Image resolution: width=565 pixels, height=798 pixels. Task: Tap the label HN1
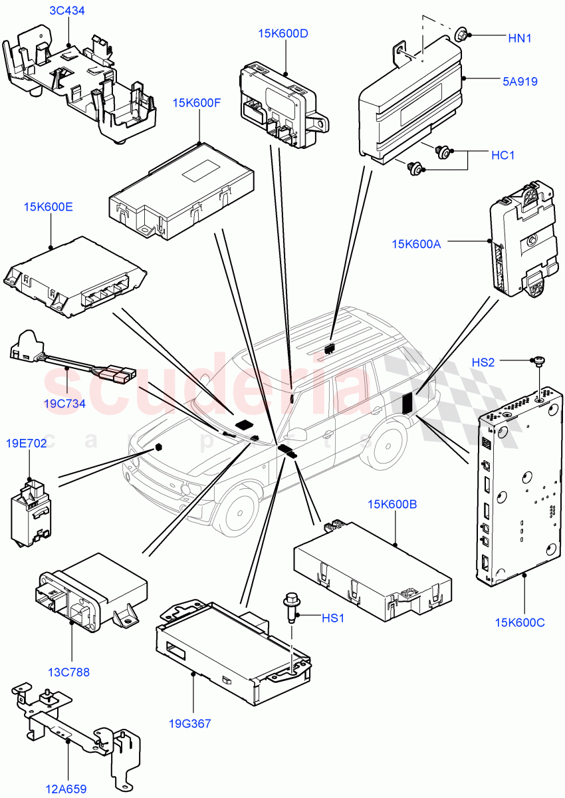520,39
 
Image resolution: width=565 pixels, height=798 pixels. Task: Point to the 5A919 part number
520,82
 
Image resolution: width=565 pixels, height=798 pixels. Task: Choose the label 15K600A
416,244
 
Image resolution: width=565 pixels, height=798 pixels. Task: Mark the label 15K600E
49,207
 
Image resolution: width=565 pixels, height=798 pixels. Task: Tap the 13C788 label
70,672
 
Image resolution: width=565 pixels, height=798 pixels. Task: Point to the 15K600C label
520,622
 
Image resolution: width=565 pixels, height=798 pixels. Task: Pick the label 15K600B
392,504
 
